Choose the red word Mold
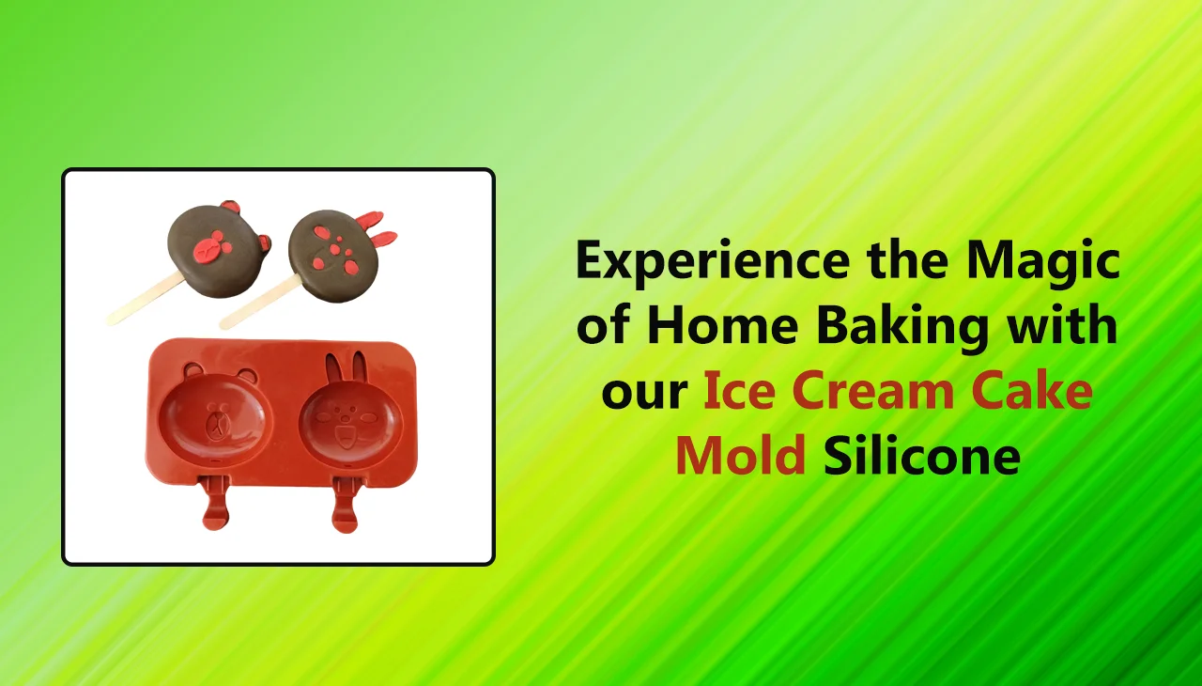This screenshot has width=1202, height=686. (x=741, y=457)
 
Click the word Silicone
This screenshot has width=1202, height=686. (x=921, y=457)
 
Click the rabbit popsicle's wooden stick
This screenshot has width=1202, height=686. (x=255, y=302)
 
